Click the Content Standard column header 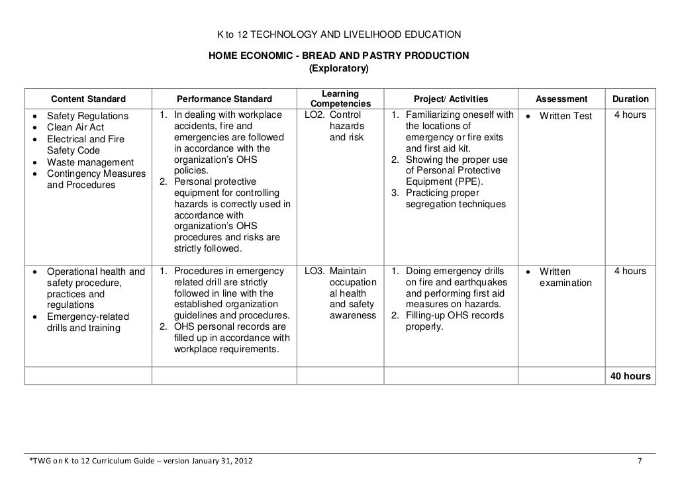[89, 99]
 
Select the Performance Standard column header [224, 99]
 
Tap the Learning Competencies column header [340, 99]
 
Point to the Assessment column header [561, 99]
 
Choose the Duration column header [630, 99]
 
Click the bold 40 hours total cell [630, 376]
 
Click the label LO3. [315, 271]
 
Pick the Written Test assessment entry [566, 117]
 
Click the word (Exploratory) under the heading [339, 68]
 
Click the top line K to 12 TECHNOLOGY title [339, 34]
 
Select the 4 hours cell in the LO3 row [630, 271]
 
